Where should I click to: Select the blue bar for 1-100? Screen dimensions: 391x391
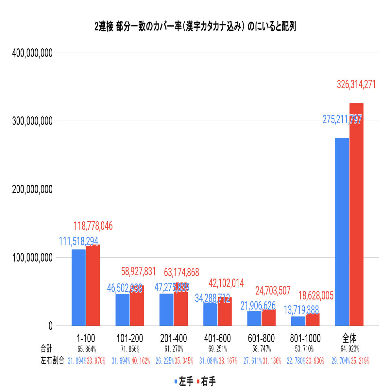click(x=78, y=287)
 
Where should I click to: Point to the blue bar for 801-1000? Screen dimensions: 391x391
click(x=298, y=321)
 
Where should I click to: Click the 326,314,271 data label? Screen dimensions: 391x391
click(x=356, y=85)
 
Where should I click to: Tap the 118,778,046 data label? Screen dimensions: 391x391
click(x=93, y=226)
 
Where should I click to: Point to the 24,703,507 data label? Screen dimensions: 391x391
click(x=273, y=290)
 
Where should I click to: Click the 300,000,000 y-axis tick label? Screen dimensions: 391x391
click(x=32, y=121)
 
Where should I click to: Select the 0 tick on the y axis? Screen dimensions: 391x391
click(x=50, y=326)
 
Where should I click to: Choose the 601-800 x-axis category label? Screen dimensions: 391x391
click(x=261, y=338)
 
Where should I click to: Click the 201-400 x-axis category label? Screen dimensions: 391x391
click(x=173, y=338)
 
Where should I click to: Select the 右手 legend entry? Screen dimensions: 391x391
click(x=206, y=382)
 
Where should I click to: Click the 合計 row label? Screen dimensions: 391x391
click(x=46, y=348)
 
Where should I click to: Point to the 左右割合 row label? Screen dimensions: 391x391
click(x=52, y=361)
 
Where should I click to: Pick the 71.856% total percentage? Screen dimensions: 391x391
click(x=130, y=349)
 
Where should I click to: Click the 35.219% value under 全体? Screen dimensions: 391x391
click(x=360, y=361)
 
